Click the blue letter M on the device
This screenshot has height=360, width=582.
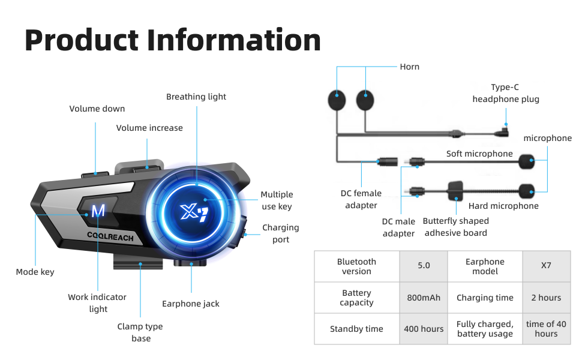pos(98,211)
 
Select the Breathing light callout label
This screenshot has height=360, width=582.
pos(196,97)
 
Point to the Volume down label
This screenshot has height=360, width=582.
pos(97,109)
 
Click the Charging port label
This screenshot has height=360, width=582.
pos(280,233)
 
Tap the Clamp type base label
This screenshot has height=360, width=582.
pos(141,332)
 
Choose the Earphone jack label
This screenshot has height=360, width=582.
pos(191,304)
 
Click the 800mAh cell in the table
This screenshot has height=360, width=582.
pos(424,298)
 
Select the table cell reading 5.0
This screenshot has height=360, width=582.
pos(424,266)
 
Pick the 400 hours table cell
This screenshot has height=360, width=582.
pos(424,329)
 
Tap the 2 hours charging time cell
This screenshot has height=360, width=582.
pos(546,298)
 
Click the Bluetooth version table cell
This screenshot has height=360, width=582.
pos(356,266)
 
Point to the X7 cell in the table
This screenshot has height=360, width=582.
pos(546,266)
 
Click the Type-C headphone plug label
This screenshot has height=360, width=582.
pos(505,93)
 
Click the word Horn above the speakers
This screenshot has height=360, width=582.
pos(409,67)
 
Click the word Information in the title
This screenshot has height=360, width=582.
pos(234,40)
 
